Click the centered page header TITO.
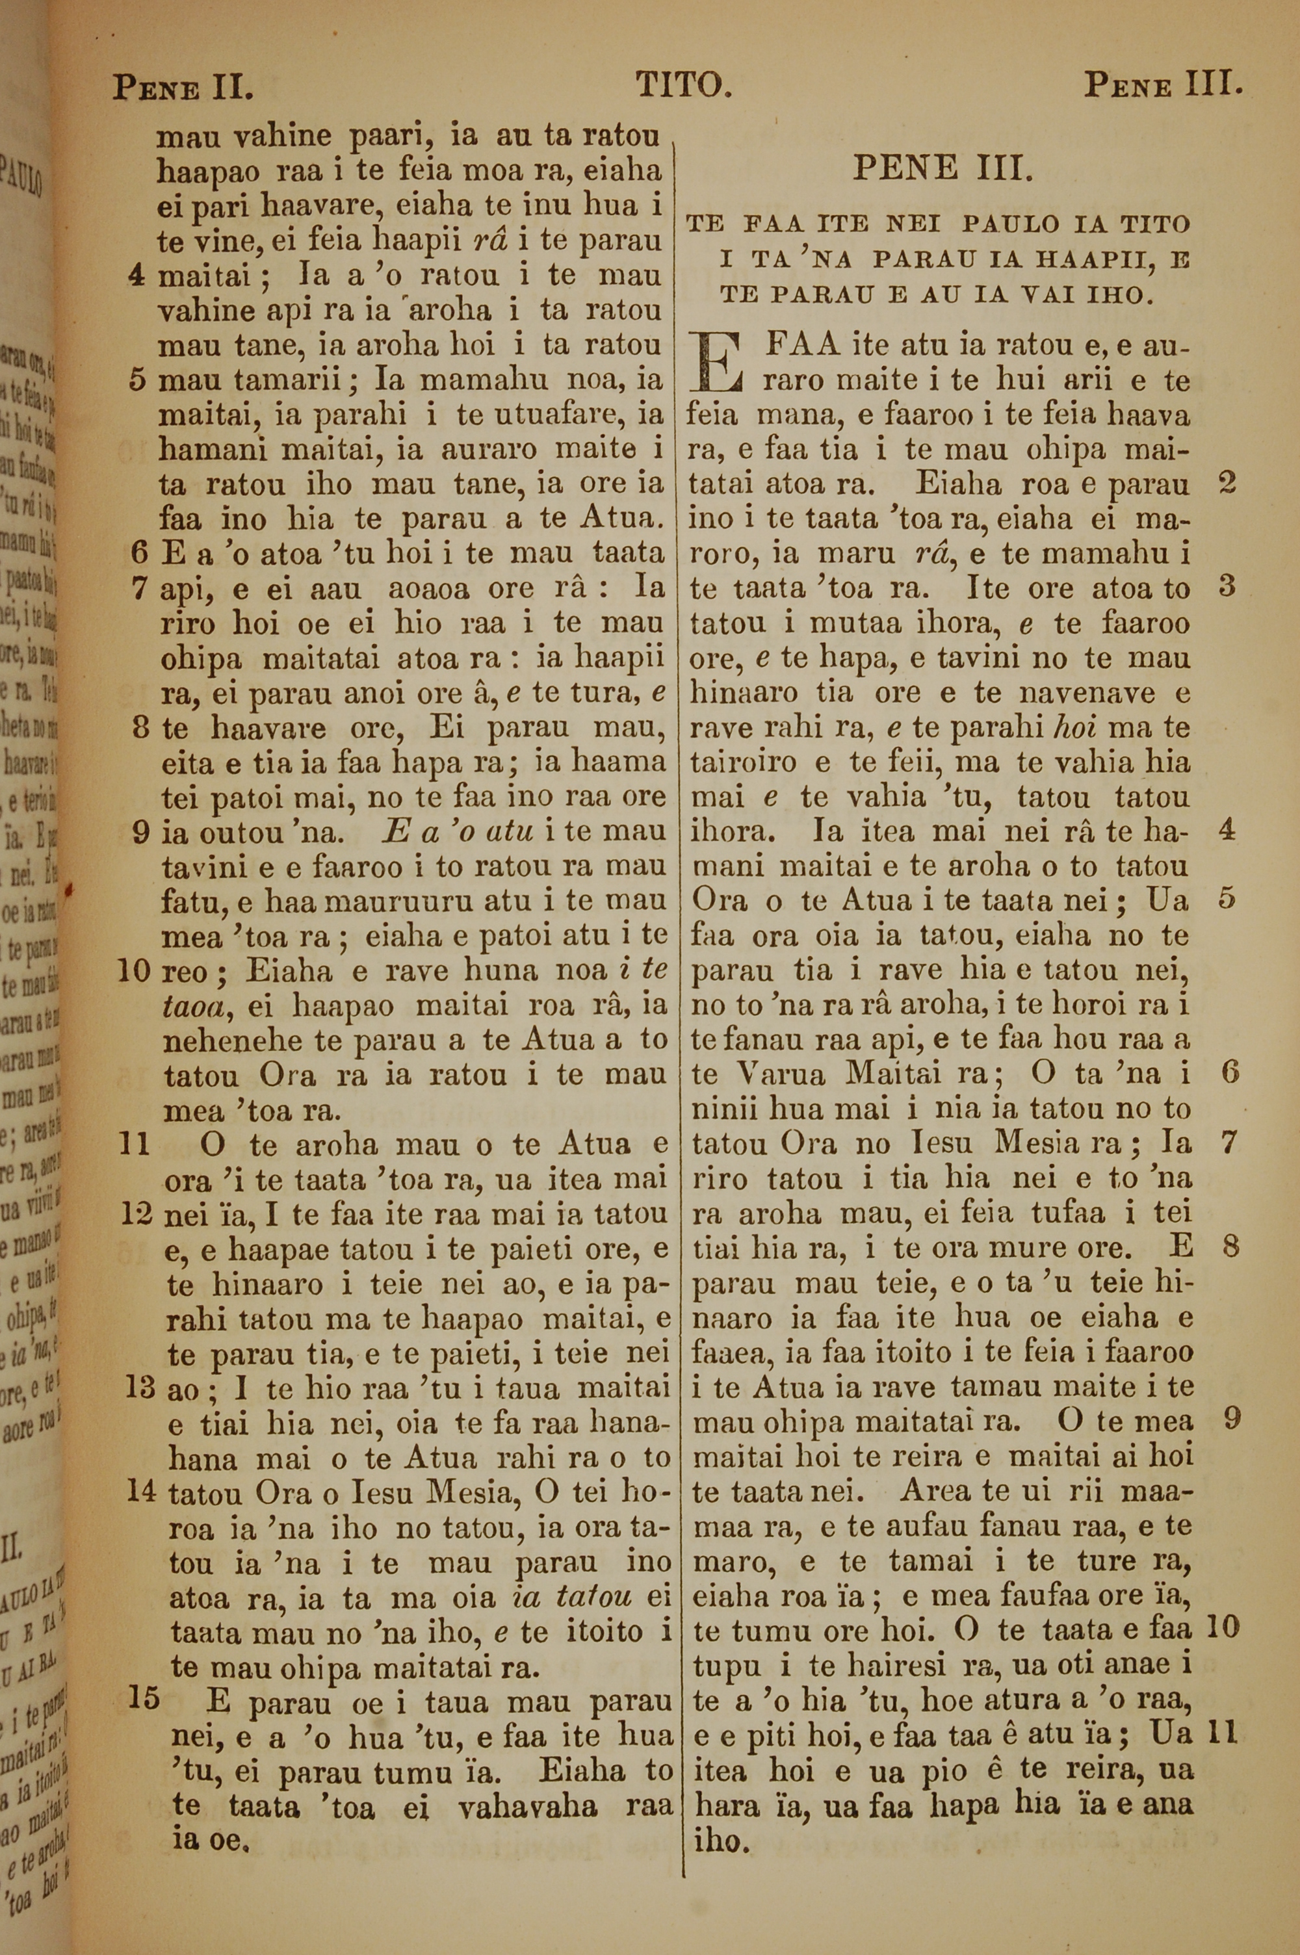click(683, 84)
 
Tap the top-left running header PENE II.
click(183, 86)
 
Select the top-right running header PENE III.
click(1162, 84)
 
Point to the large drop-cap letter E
click(716, 362)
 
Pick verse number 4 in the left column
click(138, 274)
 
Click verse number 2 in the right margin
click(1228, 483)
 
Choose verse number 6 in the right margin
click(1230, 1072)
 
